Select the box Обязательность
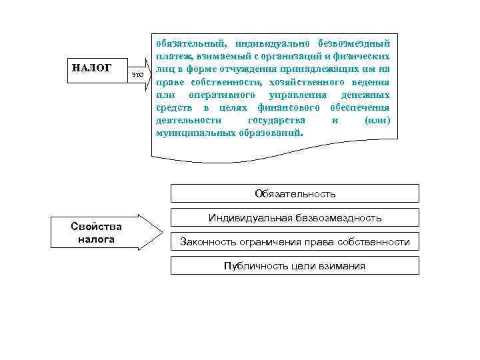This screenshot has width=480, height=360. (295, 193)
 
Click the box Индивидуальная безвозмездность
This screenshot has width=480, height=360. (295, 217)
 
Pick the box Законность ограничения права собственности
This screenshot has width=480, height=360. (295, 241)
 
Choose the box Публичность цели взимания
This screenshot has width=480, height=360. (295, 265)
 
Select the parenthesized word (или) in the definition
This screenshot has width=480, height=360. (377, 120)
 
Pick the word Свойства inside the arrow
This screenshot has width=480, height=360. (95, 226)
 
